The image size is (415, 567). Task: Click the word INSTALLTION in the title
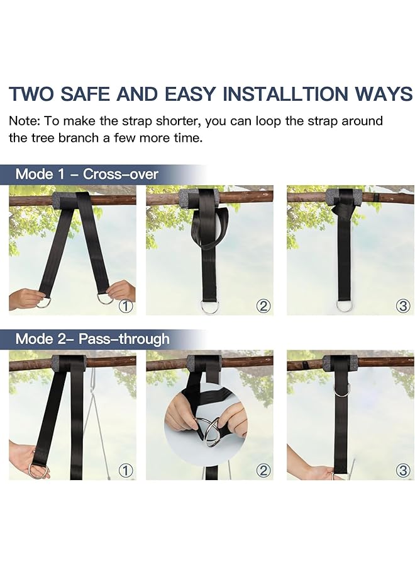pos(285,94)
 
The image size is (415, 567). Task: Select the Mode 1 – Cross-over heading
pos(87,174)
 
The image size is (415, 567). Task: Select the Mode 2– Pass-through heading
pos(92,338)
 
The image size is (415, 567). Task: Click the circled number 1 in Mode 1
pos(126,306)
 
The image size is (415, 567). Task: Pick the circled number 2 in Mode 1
pos(263,306)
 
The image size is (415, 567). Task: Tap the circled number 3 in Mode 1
pos(403,306)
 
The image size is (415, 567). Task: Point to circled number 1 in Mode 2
pos(126,470)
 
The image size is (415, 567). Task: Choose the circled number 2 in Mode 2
pos(263,470)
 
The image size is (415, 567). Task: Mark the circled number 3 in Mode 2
pos(403,470)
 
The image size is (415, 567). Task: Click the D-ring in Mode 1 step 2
pos(209,306)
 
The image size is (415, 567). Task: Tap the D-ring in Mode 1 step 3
pos(344,306)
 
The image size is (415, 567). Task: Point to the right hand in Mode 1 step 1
pos(122,290)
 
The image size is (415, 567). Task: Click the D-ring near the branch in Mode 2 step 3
pos(342,389)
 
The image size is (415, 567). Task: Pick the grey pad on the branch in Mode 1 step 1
pos(65,200)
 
